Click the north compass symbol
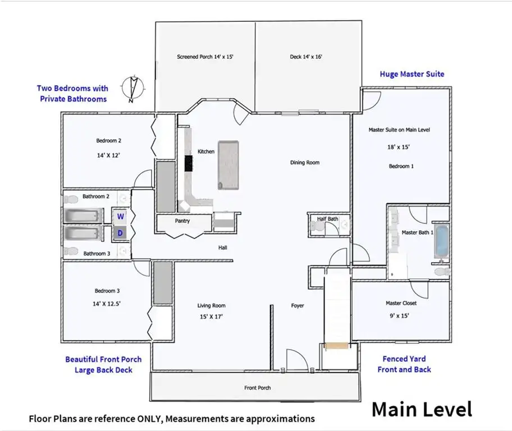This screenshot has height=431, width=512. click(x=132, y=89)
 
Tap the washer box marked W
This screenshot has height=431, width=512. click(x=121, y=216)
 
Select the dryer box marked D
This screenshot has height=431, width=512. click(x=120, y=233)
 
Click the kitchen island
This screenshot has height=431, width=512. click(x=228, y=165)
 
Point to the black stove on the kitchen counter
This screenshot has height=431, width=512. click(x=189, y=163)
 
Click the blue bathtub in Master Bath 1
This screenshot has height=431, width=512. click(x=442, y=241)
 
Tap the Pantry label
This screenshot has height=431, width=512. click(x=182, y=221)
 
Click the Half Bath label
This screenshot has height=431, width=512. click(x=327, y=219)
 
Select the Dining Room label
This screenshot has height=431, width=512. click(x=305, y=162)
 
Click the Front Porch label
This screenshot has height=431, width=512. click(x=258, y=388)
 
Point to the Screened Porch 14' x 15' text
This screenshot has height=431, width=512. click(x=205, y=57)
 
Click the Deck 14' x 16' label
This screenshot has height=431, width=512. click(x=306, y=57)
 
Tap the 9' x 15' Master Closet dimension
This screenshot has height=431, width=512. click(x=399, y=316)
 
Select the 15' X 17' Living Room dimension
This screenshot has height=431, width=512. click(x=211, y=317)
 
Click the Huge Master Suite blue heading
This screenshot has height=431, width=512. click(x=412, y=74)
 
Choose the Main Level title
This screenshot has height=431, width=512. click(x=422, y=409)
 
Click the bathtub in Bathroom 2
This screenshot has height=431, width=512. click(x=83, y=216)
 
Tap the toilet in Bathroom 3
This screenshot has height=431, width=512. click(x=71, y=251)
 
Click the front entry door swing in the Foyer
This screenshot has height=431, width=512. click(x=296, y=360)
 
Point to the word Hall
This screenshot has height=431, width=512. click(x=223, y=247)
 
